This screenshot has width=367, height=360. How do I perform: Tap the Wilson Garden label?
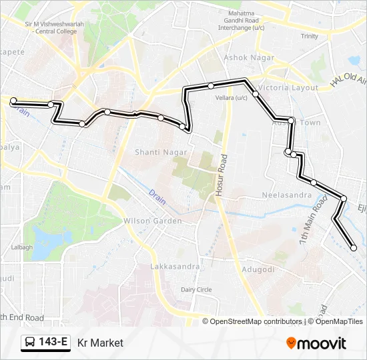pyautogui.click(x=152, y=221)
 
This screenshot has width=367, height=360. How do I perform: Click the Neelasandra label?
pyautogui.click(x=287, y=195)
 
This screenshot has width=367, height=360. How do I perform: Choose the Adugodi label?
pyautogui.click(x=258, y=269)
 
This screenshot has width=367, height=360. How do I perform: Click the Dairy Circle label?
pyautogui.click(x=196, y=289)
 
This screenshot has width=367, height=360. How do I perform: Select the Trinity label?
pyautogui.click(x=309, y=36)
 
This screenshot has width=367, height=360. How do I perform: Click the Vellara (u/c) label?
pyautogui.click(x=232, y=97)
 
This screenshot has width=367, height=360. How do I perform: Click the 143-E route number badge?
pyautogui.click(x=53, y=343)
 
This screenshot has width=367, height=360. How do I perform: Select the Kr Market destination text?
pyautogui.click(x=100, y=343)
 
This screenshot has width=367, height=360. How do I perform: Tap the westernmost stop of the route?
pyautogui.click(x=13, y=101)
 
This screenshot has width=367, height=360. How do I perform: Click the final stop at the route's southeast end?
pyautogui.click(x=354, y=248)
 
